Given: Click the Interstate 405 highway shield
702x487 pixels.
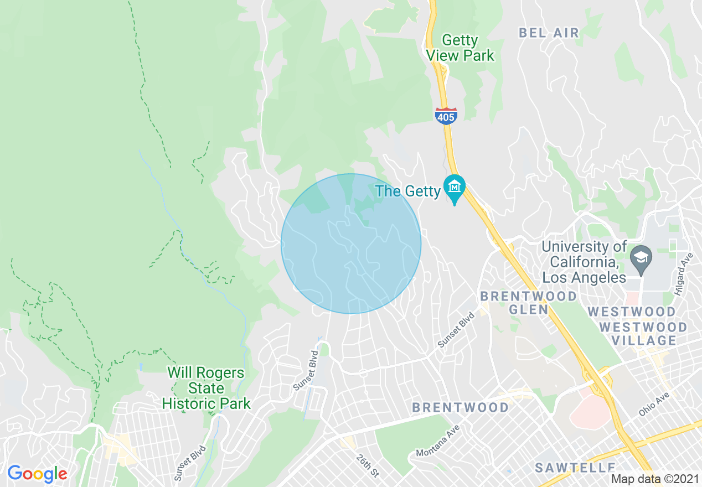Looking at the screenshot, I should [x=446, y=116].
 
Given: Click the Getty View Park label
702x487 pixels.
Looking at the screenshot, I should [x=460, y=48].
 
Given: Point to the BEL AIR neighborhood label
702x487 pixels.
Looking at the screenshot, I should [x=549, y=33].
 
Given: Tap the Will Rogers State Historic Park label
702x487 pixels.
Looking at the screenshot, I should [x=206, y=388].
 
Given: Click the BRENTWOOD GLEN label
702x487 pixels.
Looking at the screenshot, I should [x=528, y=303].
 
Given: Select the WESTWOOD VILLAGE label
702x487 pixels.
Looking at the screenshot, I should [x=643, y=334].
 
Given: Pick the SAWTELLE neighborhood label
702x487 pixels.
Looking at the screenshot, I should [x=575, y=468].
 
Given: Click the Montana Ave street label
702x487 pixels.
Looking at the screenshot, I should [x=438, y=444].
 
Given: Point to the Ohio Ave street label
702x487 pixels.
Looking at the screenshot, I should [x=654, y=405].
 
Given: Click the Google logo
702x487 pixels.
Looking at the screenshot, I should [x=37, y=474].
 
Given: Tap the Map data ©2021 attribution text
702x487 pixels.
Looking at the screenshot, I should [x=655, y=479].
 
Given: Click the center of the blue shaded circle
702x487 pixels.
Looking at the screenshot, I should [x=351, y=244].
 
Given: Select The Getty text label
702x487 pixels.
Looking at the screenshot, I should [x=407, y=191].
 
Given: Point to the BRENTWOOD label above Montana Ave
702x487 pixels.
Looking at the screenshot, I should [x=460, y=408].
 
